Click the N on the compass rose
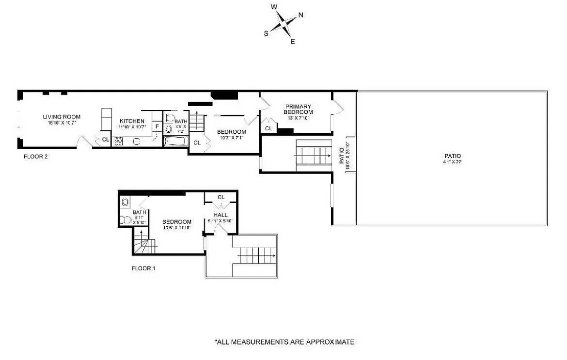point(300,15)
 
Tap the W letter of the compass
point(274,7)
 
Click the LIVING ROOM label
point(62,117)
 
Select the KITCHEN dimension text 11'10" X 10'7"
point(132,127)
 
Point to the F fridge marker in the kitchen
point(157,127)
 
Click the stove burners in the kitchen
point(118,141)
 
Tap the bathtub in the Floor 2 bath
point(175,141)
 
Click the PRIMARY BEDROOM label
point(298,109)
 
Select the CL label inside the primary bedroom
point(268,128)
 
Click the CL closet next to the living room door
point(106,140)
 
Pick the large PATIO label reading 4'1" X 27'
point(453,159)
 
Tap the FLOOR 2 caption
point(35,157)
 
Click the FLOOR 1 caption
point(143,268)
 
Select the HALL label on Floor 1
point(220,215)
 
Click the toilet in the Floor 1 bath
point(125,220)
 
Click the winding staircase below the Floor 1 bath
point(144,244)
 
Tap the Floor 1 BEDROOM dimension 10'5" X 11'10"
point(177,228)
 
